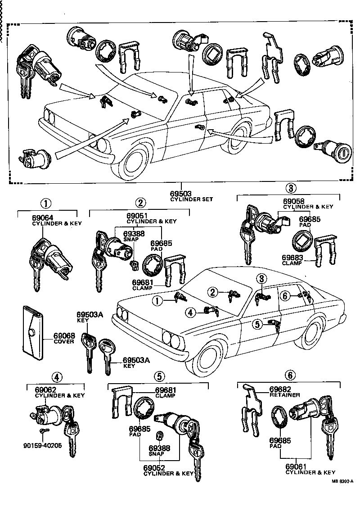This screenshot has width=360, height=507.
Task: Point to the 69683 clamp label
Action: [x=292, y=258]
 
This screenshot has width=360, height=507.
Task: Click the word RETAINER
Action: [x=284, y=395]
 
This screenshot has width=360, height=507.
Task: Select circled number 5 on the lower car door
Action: [x=257, y=323]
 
